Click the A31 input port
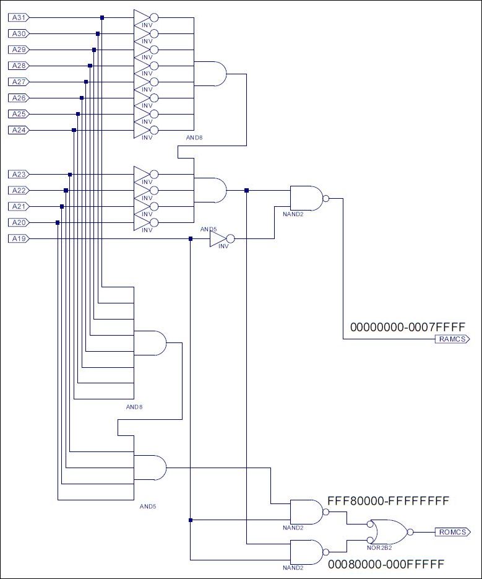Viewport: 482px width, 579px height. (x=19, y=17)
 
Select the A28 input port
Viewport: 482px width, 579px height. (x=19, y=66)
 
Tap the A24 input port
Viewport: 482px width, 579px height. (x=19, y=130)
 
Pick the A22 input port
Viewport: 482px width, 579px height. (x=19, y=191)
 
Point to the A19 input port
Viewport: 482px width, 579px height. (x=19, y=238)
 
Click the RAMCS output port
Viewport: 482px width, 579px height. (x=452, y=339)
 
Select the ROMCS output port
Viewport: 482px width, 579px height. (x=452, y=532)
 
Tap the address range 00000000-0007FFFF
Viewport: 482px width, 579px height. (x=408, y=327)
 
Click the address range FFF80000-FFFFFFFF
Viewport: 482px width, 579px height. (x=388, y=501)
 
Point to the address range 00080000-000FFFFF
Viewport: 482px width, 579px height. (x=386, y=564)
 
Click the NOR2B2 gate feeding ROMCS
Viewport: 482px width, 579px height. (x=390, y=532)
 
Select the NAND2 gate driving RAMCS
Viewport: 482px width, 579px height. (x=309, y=199)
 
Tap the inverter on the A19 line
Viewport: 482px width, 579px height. (x=222, y=238)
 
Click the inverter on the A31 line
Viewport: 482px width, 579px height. (x=146, y=17)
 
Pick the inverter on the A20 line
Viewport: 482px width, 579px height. (x=146, y=223)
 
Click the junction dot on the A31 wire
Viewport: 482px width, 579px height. (x=102, y=17)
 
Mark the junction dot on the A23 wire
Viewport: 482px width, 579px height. (x=70, y=174)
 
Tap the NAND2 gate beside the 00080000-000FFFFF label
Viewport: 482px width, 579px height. (x=309, y=552)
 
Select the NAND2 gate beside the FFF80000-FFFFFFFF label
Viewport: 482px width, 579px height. (x=309, y=512)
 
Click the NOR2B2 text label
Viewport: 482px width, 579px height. (x=379, y=548)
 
